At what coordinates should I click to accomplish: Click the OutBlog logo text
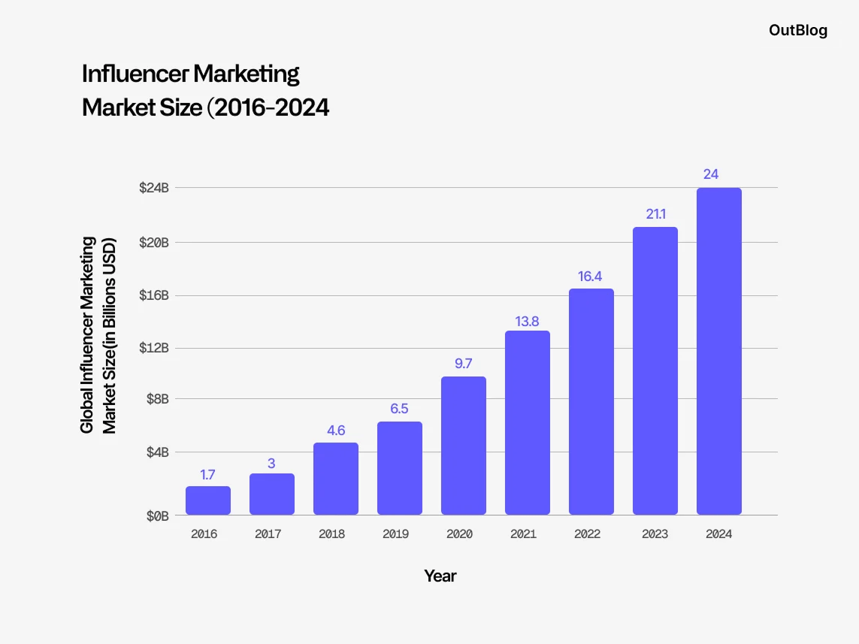coord(797,31)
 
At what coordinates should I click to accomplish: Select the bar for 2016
coord(208,500)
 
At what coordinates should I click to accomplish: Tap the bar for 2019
coord(400,468)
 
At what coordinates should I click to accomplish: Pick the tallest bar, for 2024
coord(719,352)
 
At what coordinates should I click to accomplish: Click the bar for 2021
coord(528,422)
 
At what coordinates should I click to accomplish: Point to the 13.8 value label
coord(527,322)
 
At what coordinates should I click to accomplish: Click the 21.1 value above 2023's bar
coord(655,215)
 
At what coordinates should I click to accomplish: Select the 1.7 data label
coord(208,475)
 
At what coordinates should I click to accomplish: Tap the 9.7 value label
coord(464,364)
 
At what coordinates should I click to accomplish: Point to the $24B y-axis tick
coord(154,188)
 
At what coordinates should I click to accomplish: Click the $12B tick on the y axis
coord(154,348)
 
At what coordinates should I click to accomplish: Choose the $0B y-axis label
coord(157,516)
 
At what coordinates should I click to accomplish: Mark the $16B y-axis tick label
coord(154,295)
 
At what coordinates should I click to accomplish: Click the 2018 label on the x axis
coord(332,534)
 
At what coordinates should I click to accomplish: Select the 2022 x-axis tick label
coord(588,534)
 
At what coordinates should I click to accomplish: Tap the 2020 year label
coord(460,534)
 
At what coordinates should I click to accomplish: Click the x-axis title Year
coord(440,576)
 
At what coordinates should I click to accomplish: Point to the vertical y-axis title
coord(98,335)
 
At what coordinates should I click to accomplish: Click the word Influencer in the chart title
coord(134,74)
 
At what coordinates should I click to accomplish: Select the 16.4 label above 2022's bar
coord(590,277)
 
